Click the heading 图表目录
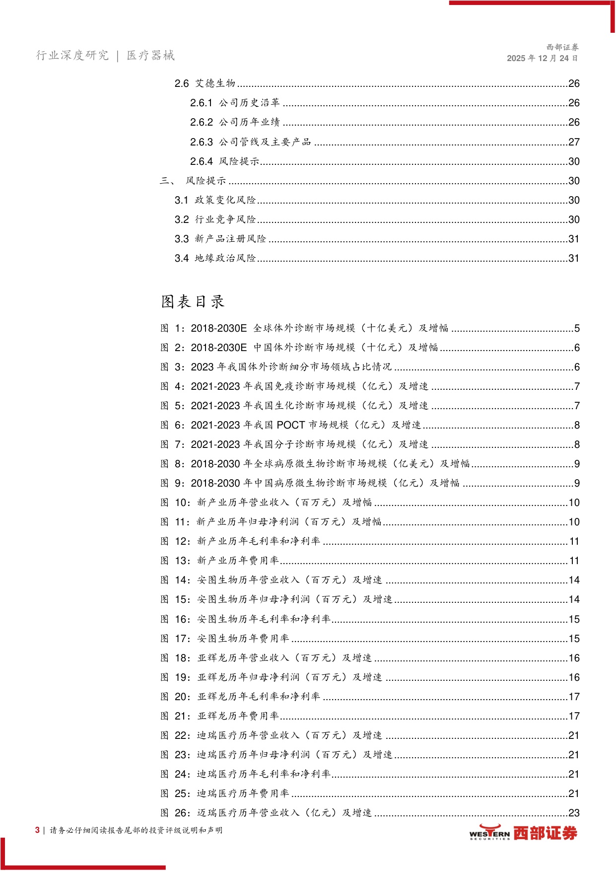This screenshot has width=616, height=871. pos(193,301)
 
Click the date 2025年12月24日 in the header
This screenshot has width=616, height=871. pos(542,58)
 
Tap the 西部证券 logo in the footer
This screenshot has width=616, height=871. pos(523,833)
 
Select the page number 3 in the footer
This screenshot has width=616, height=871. pos(37,830)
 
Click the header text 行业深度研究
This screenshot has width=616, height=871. pos(72,55)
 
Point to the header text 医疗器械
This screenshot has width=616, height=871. pos(150,55)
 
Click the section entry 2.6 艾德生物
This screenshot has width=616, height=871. pos(205,83)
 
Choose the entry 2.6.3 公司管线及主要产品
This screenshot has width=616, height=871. pos(251,142)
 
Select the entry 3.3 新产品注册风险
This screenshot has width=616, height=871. pos(220,239)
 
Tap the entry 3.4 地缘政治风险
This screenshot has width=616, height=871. pos(215,258)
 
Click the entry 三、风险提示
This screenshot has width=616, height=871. pos(193,181)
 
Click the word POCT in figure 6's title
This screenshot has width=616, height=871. pos(291,425)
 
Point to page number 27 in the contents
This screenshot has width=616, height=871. pos(574,142)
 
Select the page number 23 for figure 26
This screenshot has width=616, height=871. pos(574,813)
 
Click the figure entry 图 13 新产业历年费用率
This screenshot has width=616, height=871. pos(220,561)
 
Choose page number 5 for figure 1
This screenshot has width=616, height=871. pos(577,328)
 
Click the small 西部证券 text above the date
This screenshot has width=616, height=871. pos(562,47)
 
